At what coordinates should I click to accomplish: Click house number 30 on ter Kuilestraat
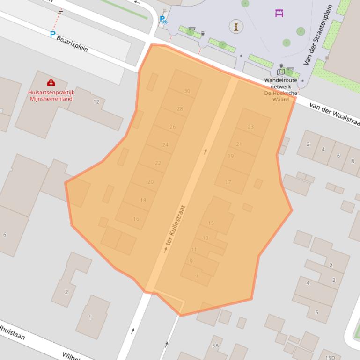[x=187, y=91]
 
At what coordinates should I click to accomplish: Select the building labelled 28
[x=180, y=108]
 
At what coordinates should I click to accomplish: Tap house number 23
[x=250, y=127]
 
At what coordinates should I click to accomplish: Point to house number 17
[x=228, y=182]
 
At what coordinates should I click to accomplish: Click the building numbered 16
[x=136, y=218]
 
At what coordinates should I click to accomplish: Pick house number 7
[x=197, y=276]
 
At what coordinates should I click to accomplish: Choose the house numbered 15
[x=211, y=223]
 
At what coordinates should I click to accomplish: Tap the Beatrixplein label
[x=72, y=43]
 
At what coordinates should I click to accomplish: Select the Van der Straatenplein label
[x=317, y=35]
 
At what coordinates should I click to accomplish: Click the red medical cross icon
[x=51, y=83]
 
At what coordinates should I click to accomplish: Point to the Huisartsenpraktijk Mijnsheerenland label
[x=51, y=95]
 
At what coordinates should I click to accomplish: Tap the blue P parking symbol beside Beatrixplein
[x=52, y=34]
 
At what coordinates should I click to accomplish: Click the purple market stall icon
[x=279, y=13]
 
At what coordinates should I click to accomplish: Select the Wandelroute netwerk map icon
[x=281, y=72]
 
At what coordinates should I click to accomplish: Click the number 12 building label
[x=96, y=101]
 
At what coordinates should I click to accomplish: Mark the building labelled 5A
[x=215, y=346]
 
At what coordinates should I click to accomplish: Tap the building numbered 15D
[x=330, y=358]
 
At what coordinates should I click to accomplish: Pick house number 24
[x=165, y=145]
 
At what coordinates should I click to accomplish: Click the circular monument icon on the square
[x=236, y=27]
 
